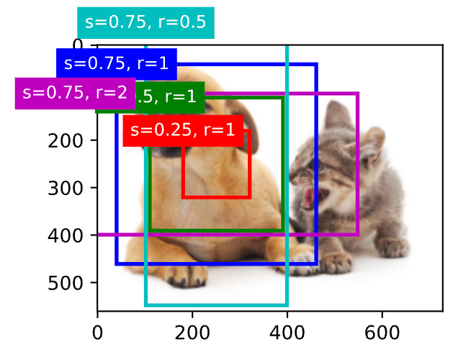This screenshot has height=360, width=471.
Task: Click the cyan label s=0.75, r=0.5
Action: (x=145, y=22)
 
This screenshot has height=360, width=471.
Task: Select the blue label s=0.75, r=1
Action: (x=116, y=63)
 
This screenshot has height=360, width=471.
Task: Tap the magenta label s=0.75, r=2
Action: (x=75, y=93)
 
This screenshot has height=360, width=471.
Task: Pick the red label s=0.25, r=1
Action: (x=182, y=130)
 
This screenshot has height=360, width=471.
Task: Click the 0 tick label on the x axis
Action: (x=97, y=333)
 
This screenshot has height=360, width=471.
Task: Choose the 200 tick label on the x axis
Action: (x=192, y=333)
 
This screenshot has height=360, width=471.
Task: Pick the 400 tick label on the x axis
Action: (x=287, y=333)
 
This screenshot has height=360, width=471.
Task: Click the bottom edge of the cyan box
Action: (x=216, y=305)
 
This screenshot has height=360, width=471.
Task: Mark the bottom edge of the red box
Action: (x=216, y=197)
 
